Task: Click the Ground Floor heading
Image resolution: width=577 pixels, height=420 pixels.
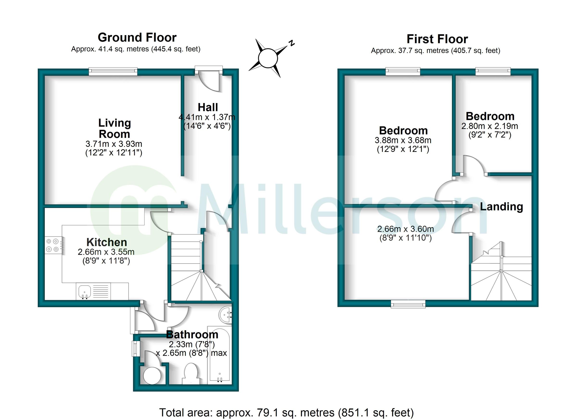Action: click(137, 38)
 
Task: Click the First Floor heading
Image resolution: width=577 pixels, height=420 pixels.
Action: click(437, 39)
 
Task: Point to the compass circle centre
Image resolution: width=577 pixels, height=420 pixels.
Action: click(268, 58)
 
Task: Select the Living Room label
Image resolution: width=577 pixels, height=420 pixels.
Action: click(114, 128)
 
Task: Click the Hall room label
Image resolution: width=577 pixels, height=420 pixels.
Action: click(207, 107)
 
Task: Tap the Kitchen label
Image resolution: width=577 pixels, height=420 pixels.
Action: click(107, 242)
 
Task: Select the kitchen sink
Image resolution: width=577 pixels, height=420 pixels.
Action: click(85, 291)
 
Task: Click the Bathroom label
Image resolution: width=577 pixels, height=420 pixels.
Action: click(192, 334)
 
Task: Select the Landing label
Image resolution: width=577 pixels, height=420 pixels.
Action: click(501, 207)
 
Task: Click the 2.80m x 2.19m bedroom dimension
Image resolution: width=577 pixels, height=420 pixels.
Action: click(490, 126)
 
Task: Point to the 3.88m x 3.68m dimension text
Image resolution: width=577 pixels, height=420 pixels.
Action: click(403, 140)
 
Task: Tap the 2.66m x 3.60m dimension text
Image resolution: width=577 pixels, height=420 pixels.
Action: click(406, 229)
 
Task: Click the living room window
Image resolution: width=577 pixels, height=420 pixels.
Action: click(113, 71)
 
